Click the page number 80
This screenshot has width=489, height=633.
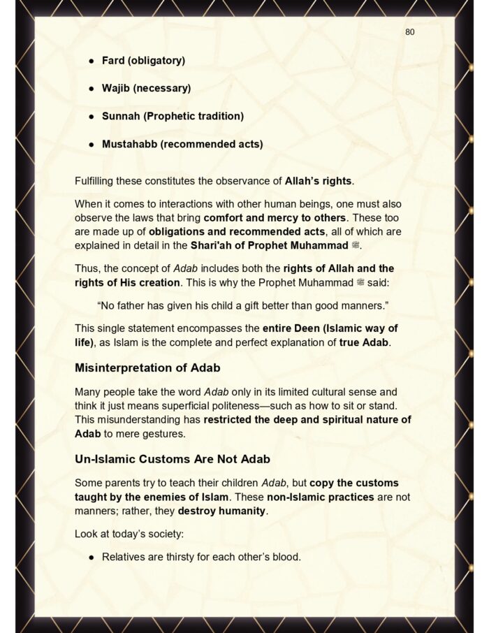click(410, 32)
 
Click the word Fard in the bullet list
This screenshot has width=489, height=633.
click(114, 61)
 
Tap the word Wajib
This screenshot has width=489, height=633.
click(116, 89)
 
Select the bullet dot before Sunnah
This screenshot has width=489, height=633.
click(91, 117)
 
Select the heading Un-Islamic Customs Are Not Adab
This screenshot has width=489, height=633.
click(173, 460)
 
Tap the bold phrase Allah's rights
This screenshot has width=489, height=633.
click(319, 181)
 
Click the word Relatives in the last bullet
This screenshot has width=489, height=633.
click(125, 557)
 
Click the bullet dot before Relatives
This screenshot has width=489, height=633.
click(91, 557)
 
